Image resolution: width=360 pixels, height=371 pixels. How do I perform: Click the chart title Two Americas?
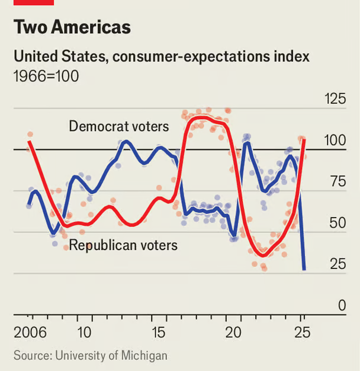(72, 28)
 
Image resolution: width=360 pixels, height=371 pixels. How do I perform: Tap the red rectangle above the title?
(33, 2)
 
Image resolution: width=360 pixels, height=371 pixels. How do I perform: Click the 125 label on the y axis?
(335, 99)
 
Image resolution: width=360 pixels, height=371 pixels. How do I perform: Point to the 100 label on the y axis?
(335, 140)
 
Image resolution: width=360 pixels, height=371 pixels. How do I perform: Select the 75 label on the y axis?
(337, 182)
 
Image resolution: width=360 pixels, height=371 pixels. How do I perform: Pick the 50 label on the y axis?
(337, 223)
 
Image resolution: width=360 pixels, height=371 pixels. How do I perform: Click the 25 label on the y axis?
(337, 264)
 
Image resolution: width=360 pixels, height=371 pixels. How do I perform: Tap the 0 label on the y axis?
(342, 306)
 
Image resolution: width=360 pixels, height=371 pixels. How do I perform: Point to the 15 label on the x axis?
(159, 332)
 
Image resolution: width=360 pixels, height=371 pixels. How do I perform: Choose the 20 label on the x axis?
(233, 332)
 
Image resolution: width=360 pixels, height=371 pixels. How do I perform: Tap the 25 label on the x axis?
(302, 332)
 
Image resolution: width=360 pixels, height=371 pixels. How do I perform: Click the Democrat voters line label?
(118, 126)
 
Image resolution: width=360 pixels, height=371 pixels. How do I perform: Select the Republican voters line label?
(123, 244)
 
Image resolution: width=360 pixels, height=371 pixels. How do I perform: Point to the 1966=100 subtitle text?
(46, 76)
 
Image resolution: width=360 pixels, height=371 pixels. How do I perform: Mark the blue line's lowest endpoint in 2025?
(304, 270)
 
